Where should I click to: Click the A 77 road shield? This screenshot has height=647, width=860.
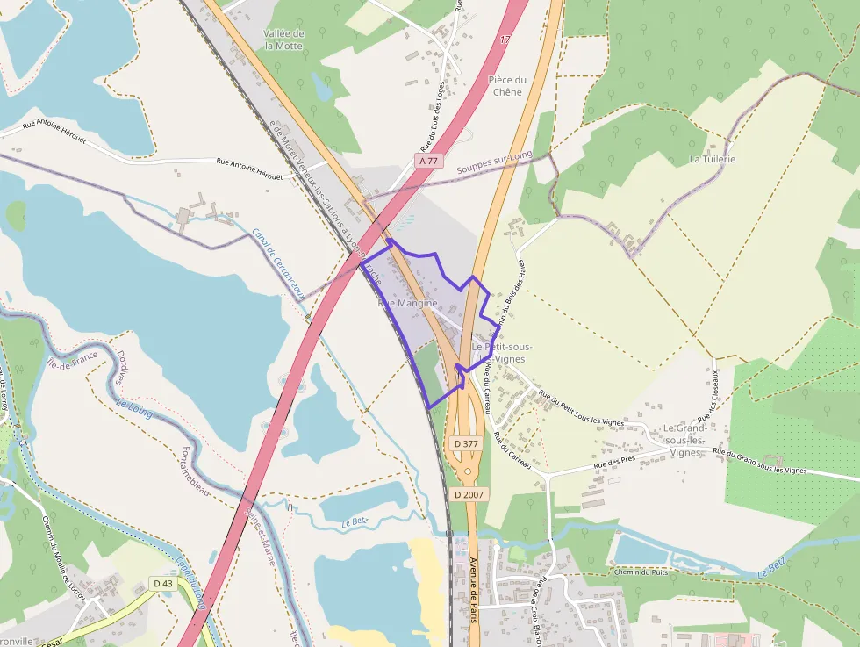click(427, 161)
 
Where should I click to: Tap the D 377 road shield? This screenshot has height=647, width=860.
click(467, 444)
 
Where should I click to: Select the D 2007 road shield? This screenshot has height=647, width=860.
click(469, 495)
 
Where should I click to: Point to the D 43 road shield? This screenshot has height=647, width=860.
click(162, 583)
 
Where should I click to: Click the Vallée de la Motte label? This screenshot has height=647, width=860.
click(283, 40)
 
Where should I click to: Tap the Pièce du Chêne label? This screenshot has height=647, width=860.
click(507, 86)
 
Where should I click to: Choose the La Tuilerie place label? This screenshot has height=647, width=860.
click(712, 159)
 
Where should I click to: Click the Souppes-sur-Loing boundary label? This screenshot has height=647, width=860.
click(495, 164)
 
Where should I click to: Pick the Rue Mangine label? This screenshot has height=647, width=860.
click(407, 303)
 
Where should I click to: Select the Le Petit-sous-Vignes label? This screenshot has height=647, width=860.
click(501, 353)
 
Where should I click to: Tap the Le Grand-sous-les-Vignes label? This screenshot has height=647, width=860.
click(684, 440)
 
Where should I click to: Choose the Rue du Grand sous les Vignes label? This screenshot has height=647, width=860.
click(759, 463)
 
